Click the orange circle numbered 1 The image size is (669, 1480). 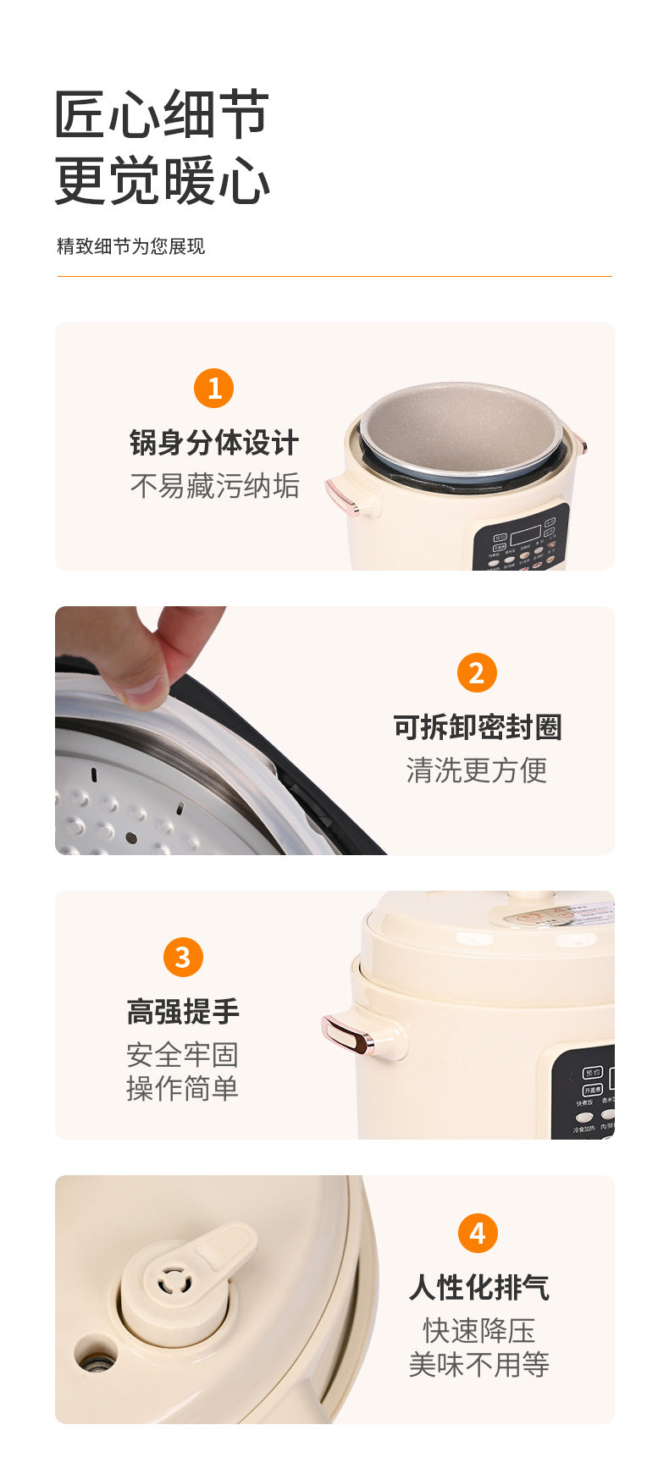coord(213,388)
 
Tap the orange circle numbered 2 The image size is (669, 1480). coord(477,673)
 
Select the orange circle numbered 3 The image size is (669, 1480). coord(183,957)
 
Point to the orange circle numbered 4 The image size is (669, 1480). coord(478,1233)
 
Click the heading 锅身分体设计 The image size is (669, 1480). coord(214,442)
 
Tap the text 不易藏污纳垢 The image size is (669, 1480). coord(214,486)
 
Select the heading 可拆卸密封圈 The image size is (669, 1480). coord(477,726)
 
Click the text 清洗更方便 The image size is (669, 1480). coord(477,770)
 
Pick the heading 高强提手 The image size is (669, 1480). coord(183,1011)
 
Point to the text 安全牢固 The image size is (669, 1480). coord(183,1054)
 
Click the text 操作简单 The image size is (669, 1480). coord(183,1088)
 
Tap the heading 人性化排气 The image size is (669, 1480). coord(478,1287)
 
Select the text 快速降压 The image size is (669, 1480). coord(478,1330)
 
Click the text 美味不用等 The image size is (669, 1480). coord(478,1364)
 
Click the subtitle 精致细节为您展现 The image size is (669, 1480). coord(130,246)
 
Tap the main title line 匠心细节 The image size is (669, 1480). coord(162,114)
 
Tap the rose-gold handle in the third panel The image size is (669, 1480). coord(349,1035)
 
